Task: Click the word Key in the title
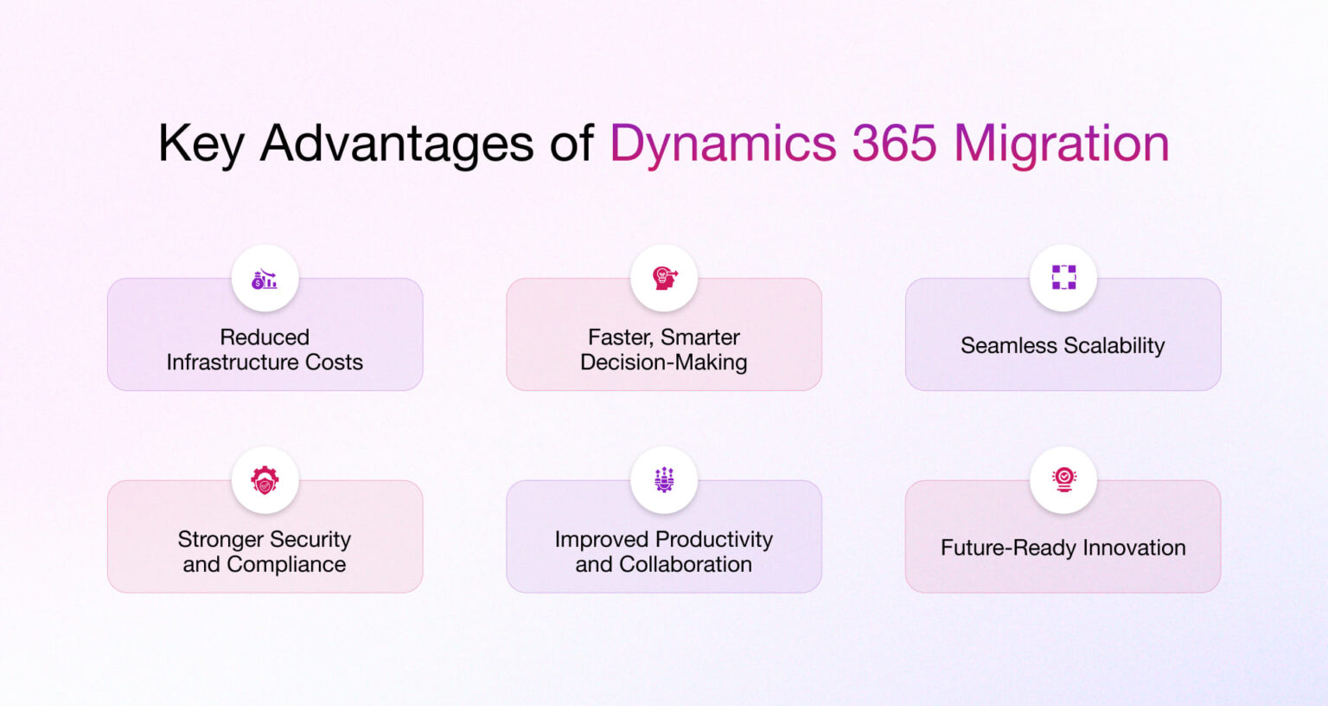coord(201,144)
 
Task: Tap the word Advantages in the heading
coord(397,143)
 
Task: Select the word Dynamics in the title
coord(723,144)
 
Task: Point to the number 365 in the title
coord(894,143)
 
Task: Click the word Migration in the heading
coord(1061,144)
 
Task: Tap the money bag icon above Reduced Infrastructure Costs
coord(265,279)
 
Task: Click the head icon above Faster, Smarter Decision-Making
coord(664,279)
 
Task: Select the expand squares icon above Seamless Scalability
coord(1063,278)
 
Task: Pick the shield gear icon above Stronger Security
coord(265,480)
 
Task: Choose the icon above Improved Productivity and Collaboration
coord(664,480)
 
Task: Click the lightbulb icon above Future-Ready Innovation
coord(1063,480)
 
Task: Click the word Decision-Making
coord(664,363)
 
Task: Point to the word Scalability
coord(1114,346)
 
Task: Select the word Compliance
coord(286,565)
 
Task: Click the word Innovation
coord(1134,548)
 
